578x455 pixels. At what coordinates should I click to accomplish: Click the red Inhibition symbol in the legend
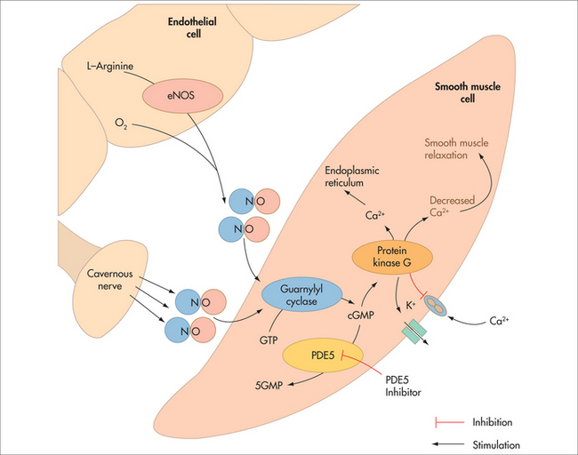point(449,422)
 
